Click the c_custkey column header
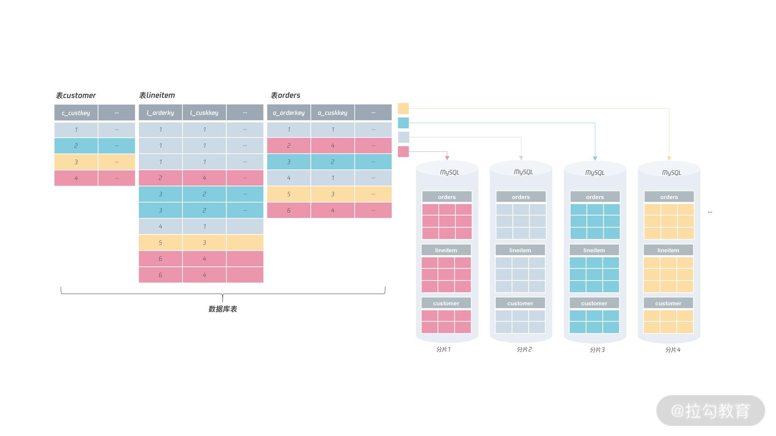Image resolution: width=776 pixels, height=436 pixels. [76, 113]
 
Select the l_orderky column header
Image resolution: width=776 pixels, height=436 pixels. [160, 113]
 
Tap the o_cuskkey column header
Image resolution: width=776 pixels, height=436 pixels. [333, 113]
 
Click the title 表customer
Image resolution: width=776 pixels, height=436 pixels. [76, 96]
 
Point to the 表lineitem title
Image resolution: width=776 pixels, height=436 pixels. [157, 95]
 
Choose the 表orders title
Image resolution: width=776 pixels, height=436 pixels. [285, 95]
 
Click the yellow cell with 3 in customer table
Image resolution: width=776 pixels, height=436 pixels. [76, 162]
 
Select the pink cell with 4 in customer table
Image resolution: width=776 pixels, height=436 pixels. [76, 178]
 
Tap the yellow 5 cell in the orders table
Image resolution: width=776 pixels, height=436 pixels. [289, 194]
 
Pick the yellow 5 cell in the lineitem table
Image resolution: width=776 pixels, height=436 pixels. [160, 243]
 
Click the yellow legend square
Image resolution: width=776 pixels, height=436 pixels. [403, 108]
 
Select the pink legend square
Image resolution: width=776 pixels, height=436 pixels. [403, 152]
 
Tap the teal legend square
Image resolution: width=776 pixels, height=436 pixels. [403, 123]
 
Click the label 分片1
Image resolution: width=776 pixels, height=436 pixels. [443, 350]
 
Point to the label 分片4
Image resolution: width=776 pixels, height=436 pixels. [673, 350]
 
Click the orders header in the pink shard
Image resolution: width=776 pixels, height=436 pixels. [447, 197]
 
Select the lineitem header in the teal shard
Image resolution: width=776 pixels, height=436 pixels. [594, 250]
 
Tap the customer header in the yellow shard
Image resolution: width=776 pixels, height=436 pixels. [668, 303]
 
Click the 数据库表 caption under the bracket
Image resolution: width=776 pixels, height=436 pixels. [223, 309]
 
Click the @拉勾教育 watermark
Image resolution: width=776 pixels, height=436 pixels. [710, 411]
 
